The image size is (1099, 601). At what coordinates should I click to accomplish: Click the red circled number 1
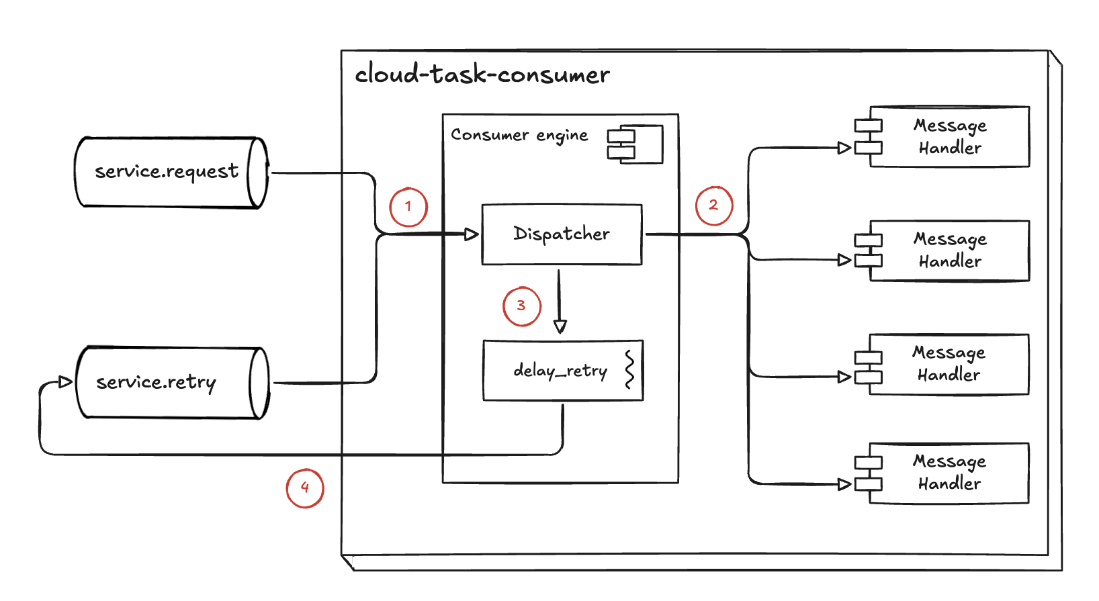[x=408, y=207]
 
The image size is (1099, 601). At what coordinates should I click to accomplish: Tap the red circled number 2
[x=713, y=205]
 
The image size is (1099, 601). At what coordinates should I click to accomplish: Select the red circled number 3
[x=521, y=306]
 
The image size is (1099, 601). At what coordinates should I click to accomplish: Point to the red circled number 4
[x=305, y=488]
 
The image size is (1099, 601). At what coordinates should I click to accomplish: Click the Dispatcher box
[x=562, y=234]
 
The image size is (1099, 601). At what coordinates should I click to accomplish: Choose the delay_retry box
[x=562, y=371]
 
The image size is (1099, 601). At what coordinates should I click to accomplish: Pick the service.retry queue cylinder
[x=172, y=383]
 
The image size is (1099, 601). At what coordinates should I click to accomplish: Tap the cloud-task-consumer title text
[x=482, y=74]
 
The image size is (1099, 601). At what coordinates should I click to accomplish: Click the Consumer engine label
[x=519, y=135]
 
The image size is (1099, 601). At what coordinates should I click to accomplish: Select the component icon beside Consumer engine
[x=635, y=144]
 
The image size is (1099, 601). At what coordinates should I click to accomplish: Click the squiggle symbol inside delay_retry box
[x=629, y=369]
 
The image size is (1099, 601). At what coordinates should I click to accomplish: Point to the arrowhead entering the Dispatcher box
[x=472, y=234]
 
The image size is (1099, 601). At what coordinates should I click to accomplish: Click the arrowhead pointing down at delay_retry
[x=560, y=326]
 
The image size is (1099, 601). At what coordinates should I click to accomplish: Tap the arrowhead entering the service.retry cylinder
[x=65, y=382]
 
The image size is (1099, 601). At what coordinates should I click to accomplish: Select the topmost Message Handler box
[x=949, y=136]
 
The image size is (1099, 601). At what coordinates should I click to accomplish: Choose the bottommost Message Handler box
[x=949, y=473]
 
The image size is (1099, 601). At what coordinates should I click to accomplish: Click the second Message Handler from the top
[x=949, y=250]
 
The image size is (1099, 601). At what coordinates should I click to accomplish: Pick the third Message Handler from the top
[x=949, y=364]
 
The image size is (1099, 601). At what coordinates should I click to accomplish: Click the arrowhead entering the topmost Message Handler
[x=844, y=148]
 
